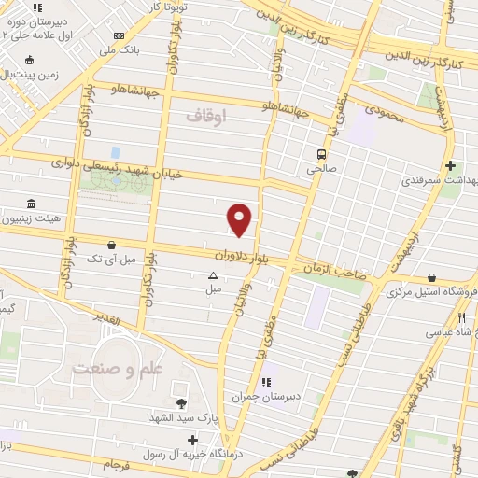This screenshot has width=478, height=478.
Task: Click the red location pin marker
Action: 240,218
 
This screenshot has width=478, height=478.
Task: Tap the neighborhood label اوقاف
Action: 205,116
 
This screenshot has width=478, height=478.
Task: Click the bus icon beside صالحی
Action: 320,155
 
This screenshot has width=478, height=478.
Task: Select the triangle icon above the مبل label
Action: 213,275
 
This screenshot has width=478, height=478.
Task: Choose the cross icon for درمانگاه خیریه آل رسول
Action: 192,439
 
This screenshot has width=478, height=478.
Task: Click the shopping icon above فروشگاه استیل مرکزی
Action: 432,277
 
